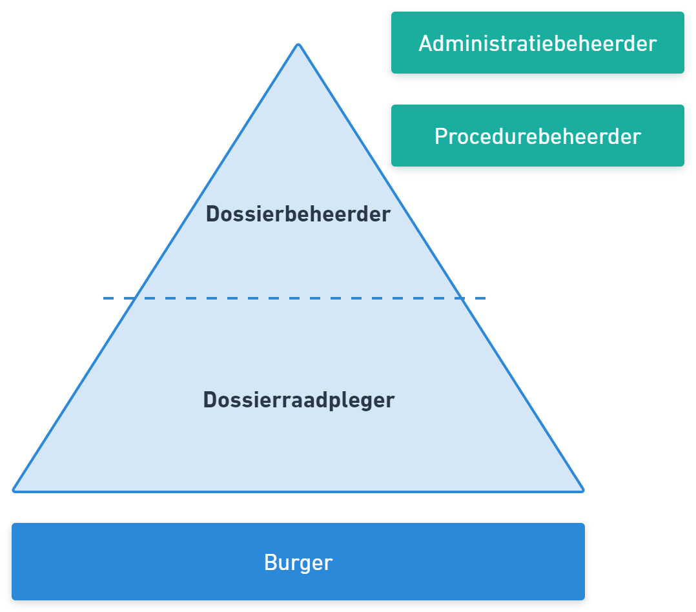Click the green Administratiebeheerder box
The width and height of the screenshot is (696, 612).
point(537,44)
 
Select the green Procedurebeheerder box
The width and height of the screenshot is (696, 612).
point(537,137)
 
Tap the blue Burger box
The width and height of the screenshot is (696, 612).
point(298,562)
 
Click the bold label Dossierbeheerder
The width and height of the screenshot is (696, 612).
point(298,214)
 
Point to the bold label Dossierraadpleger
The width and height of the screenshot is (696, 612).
point(298,400)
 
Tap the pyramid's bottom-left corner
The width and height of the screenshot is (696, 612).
point(14,490)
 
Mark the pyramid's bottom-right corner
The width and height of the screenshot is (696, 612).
point(583,490)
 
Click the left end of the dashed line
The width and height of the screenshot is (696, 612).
point(104,298)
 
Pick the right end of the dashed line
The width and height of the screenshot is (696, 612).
point(485,298)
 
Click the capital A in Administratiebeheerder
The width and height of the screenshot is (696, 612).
point(425,44)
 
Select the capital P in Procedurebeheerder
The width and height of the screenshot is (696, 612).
point(441,137)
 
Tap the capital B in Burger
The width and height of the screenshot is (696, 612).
point(271,562)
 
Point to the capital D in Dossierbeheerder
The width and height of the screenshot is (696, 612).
point(212,214)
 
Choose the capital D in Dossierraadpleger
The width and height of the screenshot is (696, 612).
point(210,400)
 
